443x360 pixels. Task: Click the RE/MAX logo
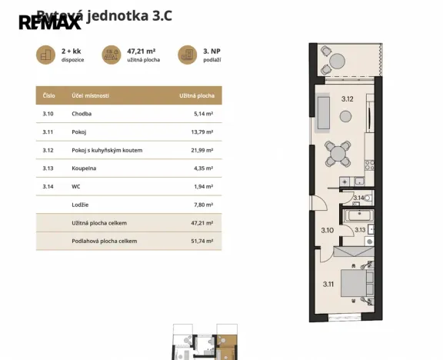pos(49,22)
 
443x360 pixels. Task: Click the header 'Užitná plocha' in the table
pos(196,95)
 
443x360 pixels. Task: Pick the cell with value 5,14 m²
pos(204,114)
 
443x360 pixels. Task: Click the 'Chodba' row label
pos(82,114)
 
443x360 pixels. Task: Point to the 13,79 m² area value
pos(202,132)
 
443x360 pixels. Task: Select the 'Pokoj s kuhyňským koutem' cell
pos(107,150)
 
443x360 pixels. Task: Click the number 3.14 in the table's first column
pos(48,186)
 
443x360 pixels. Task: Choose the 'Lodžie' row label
pos(81,205)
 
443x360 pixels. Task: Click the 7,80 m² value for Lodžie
pos(204,205)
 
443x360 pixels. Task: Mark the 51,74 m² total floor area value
pos(202,241)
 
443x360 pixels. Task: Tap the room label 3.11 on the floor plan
pos(328,285)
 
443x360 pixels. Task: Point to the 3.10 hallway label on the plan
pos(327,229)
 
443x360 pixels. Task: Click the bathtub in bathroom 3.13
pos(358,217)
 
